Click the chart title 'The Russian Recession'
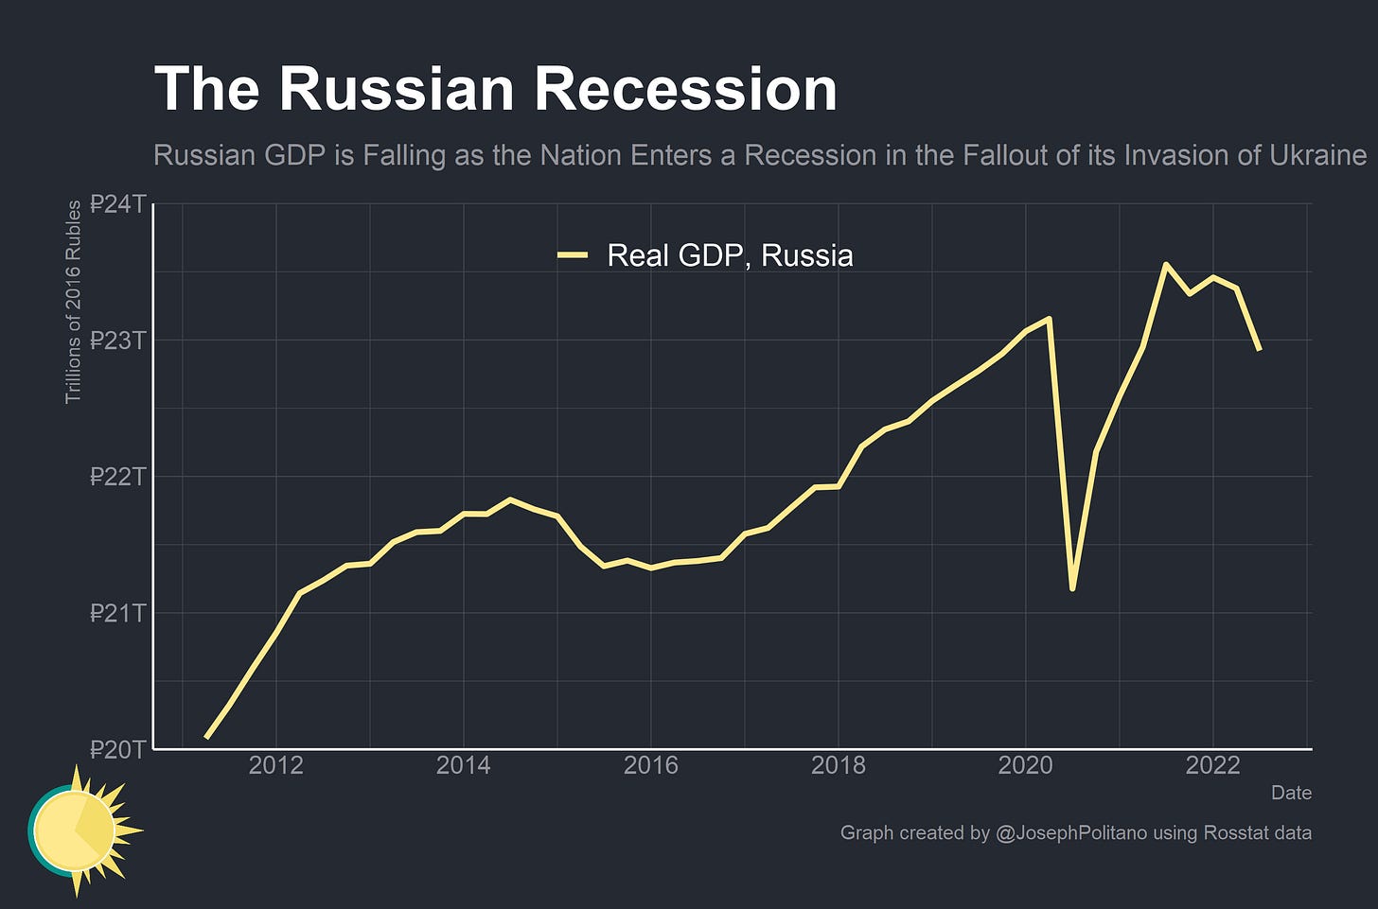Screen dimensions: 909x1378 click(495, 89)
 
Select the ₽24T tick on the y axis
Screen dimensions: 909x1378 click(118, 204)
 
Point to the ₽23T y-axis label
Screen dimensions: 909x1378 click(118, 341)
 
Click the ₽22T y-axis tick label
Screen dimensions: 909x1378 click(118, 477)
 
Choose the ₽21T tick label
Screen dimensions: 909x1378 click(118, 613)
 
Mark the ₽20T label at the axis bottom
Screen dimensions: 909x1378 click(118, 749)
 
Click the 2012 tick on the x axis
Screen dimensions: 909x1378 click(275, 765)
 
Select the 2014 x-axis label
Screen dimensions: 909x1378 click(463, 765)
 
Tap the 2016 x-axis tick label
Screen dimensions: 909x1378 click(650, 765)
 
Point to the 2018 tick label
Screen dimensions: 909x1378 click(838, 765)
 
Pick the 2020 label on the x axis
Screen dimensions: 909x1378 click(1025, 765)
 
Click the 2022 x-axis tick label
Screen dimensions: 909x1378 click(1212, 765)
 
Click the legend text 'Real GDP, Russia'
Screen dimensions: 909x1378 click(730, 255)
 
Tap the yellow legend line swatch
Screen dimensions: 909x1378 click(573, 255)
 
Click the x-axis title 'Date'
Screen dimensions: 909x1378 click(1291, 793)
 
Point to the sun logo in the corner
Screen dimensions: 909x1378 click(80, 830)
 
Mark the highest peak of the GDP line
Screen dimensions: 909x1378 click(1166, 264)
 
